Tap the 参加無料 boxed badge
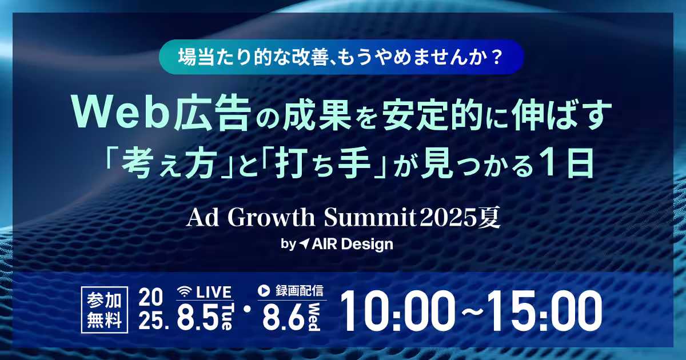click(x=105, y=310)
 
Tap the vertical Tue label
click(x=227, y=317)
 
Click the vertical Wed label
click(x=314, y=317)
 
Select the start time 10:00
click(x=397, y=311)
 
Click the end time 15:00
click(x=545, y=311)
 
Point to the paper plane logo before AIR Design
click(x=305, y=244)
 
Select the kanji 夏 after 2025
click(x=489, y=218)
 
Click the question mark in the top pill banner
click(x=496, y=58)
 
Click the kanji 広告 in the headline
click(x=212, y=115)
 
